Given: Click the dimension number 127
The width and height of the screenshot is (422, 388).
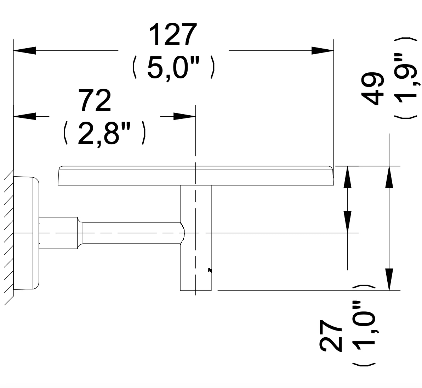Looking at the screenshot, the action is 173,35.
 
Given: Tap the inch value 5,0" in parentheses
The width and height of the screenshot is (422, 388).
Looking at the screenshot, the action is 174,68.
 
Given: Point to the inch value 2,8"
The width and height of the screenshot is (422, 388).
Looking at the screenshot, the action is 105,133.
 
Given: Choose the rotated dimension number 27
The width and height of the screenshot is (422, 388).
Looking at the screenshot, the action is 331,336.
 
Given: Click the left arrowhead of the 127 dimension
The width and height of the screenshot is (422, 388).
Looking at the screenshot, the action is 24,50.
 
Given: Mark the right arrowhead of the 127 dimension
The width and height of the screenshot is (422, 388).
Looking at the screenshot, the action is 323,50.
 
